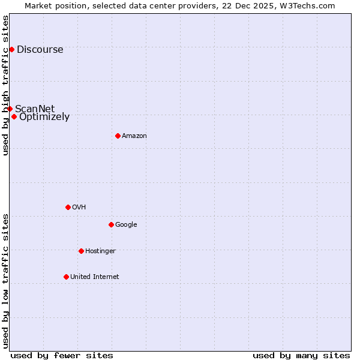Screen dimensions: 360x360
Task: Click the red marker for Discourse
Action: (x=11, y=49)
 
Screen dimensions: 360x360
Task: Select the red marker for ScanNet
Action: (x=10, y=109)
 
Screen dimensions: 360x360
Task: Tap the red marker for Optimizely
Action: (x=14, y=116)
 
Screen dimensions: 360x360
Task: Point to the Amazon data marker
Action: (x=118, y=136)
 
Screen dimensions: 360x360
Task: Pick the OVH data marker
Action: (x=68, y=207)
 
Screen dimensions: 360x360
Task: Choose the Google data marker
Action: (x=111, y=224)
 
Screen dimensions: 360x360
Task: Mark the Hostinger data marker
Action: (x=81, y=251)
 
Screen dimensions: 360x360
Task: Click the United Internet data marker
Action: (x=66, y=277)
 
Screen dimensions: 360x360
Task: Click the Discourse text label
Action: (x=40, y=49)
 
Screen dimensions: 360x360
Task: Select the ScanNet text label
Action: (x=35, y=109)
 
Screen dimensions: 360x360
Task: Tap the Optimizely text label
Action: (x=44, y=117)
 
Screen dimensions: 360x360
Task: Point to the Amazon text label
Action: (x=134, y=136)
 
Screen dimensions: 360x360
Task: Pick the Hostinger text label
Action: (x=100, y=251)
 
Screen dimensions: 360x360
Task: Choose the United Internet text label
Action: (x=94, y=277)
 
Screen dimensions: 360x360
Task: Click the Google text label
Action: (x=126, y=225)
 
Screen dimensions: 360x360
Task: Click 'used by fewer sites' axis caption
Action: (x=62, y=355)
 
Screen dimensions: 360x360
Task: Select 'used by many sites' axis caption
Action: (x=301, y=355)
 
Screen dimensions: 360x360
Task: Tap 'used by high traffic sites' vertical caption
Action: (x=5, y=85)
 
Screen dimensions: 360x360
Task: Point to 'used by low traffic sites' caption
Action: (x=5, y=281)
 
